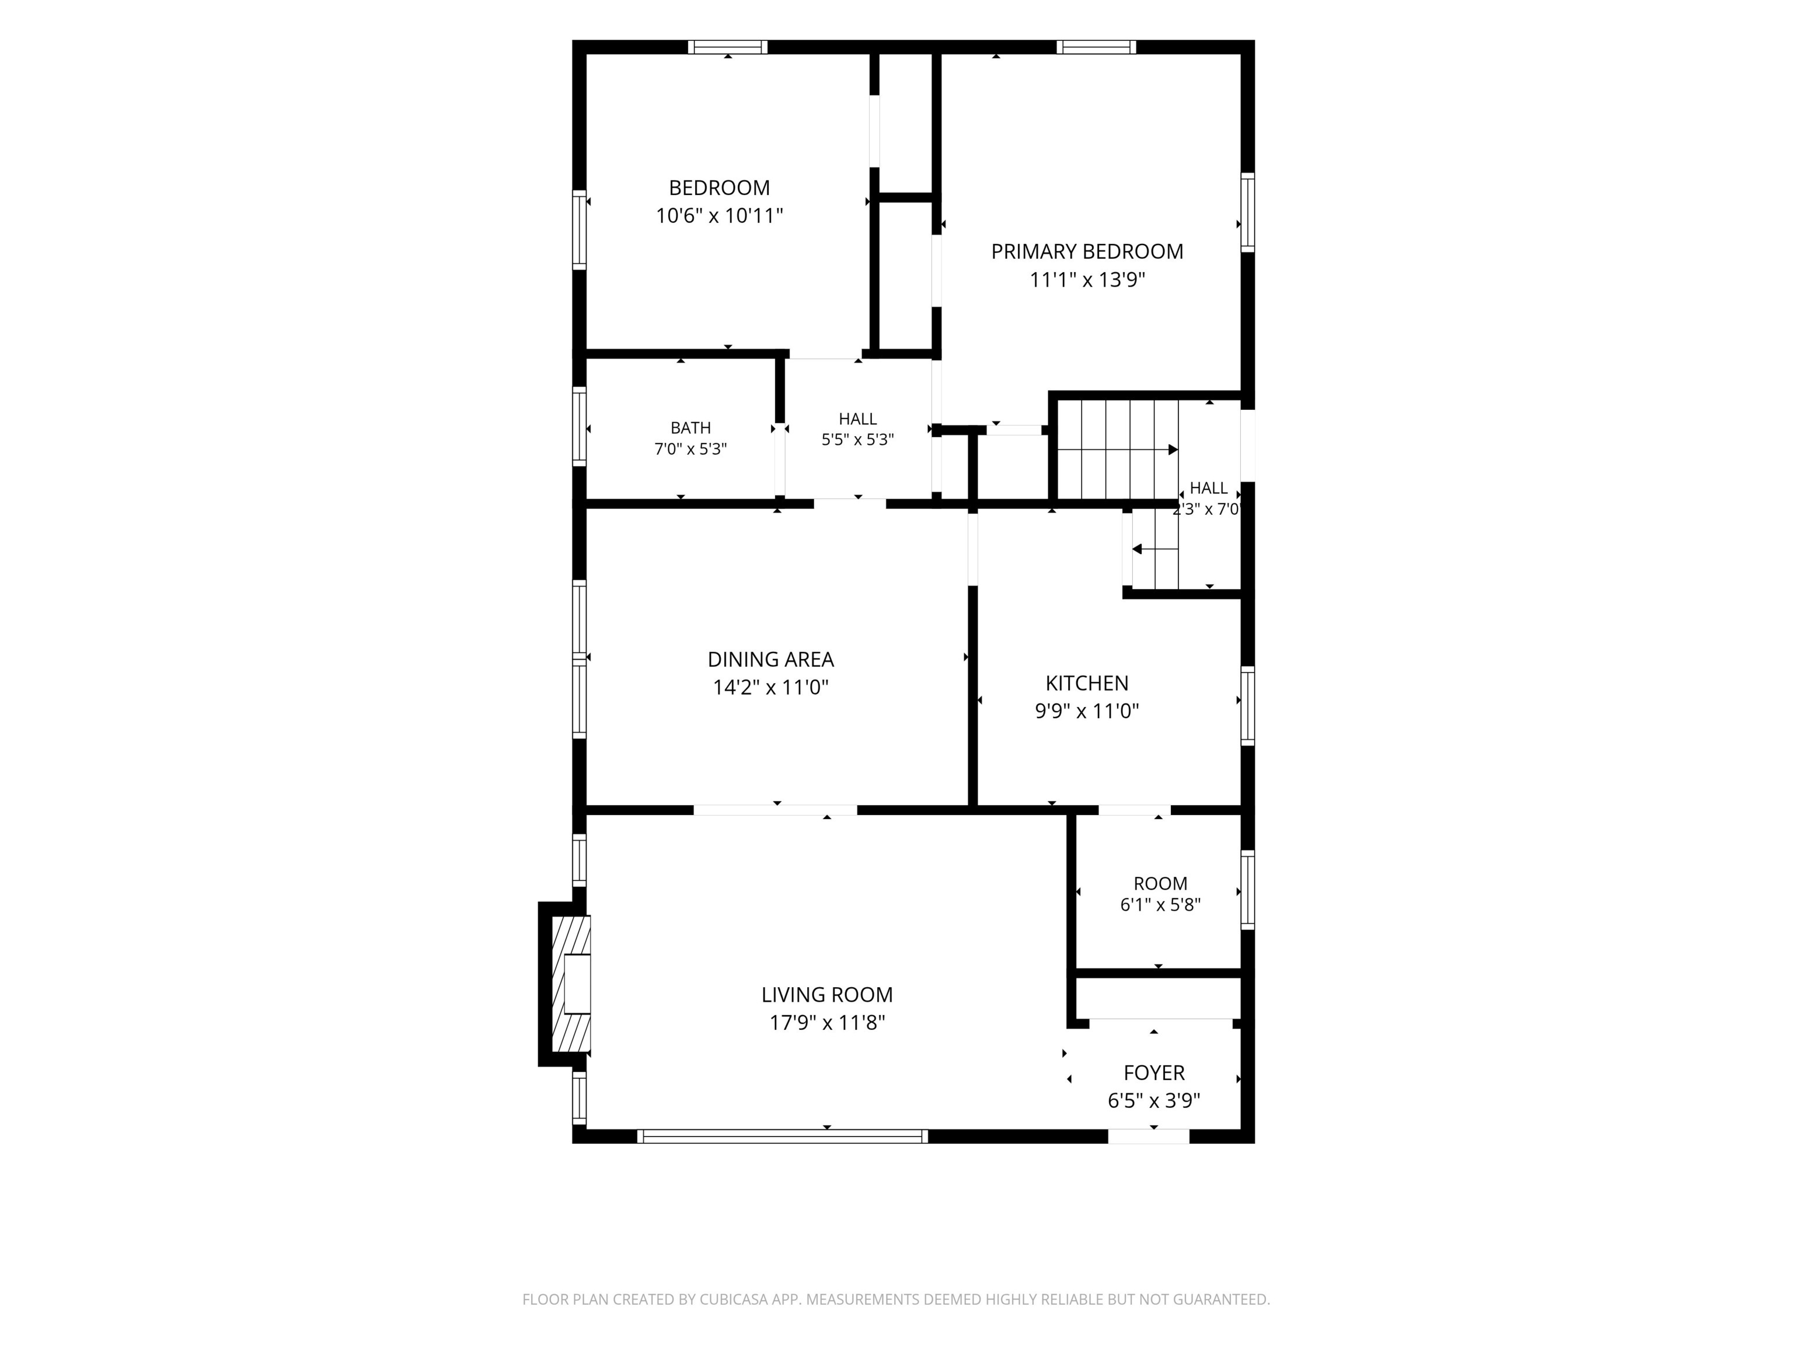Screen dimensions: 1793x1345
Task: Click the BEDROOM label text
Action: (x=719, y=188)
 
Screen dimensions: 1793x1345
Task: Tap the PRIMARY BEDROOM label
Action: (x=1087, y=252)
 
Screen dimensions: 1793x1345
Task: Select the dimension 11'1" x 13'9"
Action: (x=1087, y=280)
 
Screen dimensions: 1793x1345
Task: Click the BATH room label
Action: (x=690, y=428)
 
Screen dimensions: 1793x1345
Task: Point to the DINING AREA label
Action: (x=771, y=659)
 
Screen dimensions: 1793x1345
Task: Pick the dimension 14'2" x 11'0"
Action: (x=771, y=688)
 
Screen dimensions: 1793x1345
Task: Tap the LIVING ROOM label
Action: (x=827, y=994)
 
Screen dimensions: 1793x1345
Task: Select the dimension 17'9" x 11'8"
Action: (x=827, y=1022)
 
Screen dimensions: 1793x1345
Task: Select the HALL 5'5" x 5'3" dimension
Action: (x=857, y=440)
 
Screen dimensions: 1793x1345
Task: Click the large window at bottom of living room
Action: (x=782, y=1136)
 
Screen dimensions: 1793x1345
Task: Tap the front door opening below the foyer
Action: (x=1149, y=1136)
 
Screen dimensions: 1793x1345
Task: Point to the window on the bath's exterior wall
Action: (x=580, y=427)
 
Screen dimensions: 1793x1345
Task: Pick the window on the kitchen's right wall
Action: (x=1248, y=705)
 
